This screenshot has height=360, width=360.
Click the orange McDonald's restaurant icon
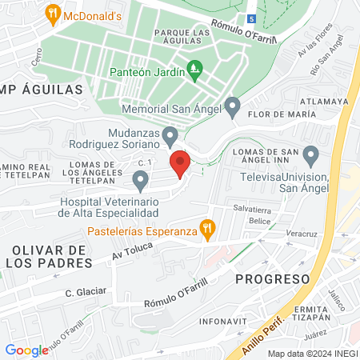click(54, 13)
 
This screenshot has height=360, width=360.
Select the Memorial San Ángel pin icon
click(233, 105)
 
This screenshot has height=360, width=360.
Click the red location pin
click(180, 164)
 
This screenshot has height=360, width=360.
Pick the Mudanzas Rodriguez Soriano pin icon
click(170, 135)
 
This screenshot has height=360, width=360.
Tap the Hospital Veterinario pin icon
click(141, 182)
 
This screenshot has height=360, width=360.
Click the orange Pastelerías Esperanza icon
click(208, 227)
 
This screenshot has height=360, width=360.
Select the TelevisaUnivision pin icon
click(311, 154)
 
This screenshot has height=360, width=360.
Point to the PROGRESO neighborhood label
click(273, 278)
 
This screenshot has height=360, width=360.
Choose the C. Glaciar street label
click(86, 293)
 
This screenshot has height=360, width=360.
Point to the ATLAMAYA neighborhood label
click(324, 102)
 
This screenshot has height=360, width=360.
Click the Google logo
click(26, 350)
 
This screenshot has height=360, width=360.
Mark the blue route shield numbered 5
click(251, 18)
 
